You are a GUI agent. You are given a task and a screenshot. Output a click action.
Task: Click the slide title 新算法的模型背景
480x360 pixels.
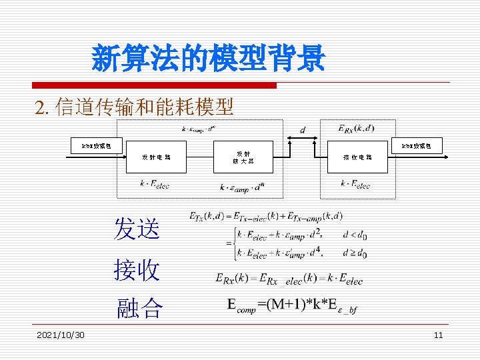pyautogui.click(x=208, y=59)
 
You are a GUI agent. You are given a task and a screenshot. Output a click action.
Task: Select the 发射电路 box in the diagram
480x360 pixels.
pyautogui.click(x=156, y=157)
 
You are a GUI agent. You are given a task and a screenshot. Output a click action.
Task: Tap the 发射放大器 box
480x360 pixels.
pyautogui.click(x=243, y=157)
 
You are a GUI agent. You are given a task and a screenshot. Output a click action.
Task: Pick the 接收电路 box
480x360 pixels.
pyautogui.click(x=357, y=157)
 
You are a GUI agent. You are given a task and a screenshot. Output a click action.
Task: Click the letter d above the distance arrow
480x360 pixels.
pyautogui.click(x=303, y=129)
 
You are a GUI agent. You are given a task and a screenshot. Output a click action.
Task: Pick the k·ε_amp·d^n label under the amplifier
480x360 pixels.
pyautogui.click(x=241, y=187)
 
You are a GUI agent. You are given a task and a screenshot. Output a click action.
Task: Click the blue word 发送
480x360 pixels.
pyautogui.click(x=137, y=229)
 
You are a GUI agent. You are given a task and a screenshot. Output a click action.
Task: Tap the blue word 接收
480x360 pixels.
pyautogui.click(x=137, y=270)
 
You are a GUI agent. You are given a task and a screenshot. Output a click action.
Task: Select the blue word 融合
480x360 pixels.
pyautogui.click(x=139, y=307)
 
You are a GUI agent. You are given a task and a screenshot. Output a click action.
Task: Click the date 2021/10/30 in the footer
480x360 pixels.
pyautogui.click(x=61, y=335)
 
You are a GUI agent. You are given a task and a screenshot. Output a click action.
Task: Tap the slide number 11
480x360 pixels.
pyautogui.click(x=438, y=335)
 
